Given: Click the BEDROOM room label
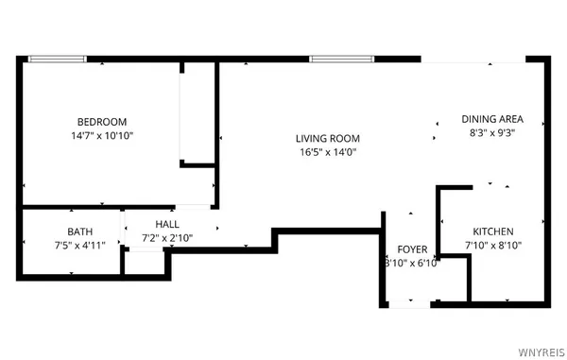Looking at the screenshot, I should pyautogui.click(x=101, y=122).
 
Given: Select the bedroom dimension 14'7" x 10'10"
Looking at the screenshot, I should pyautogui.click(x=101, y=136).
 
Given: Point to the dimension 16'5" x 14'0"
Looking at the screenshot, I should pyautogui.click(x=328, y=152).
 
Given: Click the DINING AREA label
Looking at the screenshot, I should pyautogui.click(x=491, y=119).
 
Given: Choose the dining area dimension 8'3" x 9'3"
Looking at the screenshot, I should pyautogui.click(x=491, y=133).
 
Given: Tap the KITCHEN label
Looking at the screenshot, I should pyautogui.click(x=492, y=231).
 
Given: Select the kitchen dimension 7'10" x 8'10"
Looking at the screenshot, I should pyautogui.click(x=492, y=246).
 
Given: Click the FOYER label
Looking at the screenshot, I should pyautogui.click(x=412, y=249).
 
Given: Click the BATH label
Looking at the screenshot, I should pyautogui.click(x=79, y=231).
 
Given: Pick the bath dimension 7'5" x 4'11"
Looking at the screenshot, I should pyautogui.click(x=79, y=246).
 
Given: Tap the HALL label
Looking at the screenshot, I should pyautogui.click(x=166, y=223).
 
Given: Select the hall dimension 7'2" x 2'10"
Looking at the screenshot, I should pyautogui.click(x=166, y=237).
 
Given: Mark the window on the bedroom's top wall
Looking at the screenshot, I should pyautogui.click(x=57, y=59).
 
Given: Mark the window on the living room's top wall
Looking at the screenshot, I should pyautogui.click(x=339, y=59).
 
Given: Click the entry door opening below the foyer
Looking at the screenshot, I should pyautogui.click(x=411, y=304).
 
